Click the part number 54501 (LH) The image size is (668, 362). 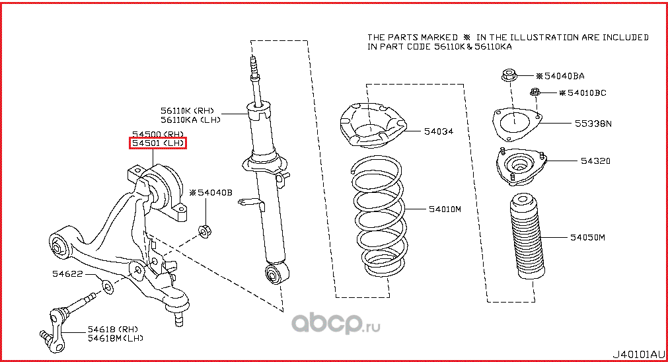tap(157, 143)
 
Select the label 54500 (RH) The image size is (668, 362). tap(157, 133)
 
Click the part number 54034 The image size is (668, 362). tap(440, 131)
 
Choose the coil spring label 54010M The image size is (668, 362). tap(445, 209)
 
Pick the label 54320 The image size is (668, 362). tap(595, 161)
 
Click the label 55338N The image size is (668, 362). tap(592, 124)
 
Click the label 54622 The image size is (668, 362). tap(67, 272)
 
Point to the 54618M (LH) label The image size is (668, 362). tap(115, 338)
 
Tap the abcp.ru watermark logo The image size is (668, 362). tap(336, 323)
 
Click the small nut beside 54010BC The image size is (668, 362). tap(535, 92)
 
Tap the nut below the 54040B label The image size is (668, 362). tap(204, 231)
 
